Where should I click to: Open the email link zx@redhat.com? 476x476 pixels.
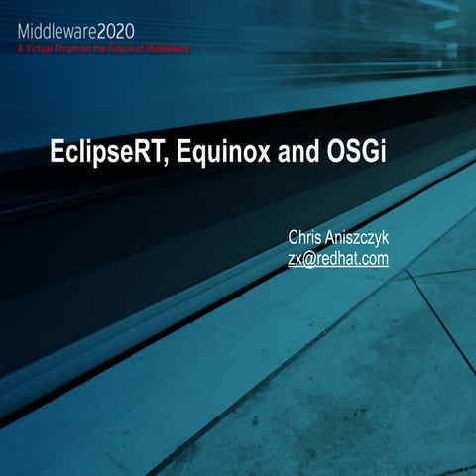tap(337, 259)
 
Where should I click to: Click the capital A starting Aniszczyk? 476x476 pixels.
tap(334, 238)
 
